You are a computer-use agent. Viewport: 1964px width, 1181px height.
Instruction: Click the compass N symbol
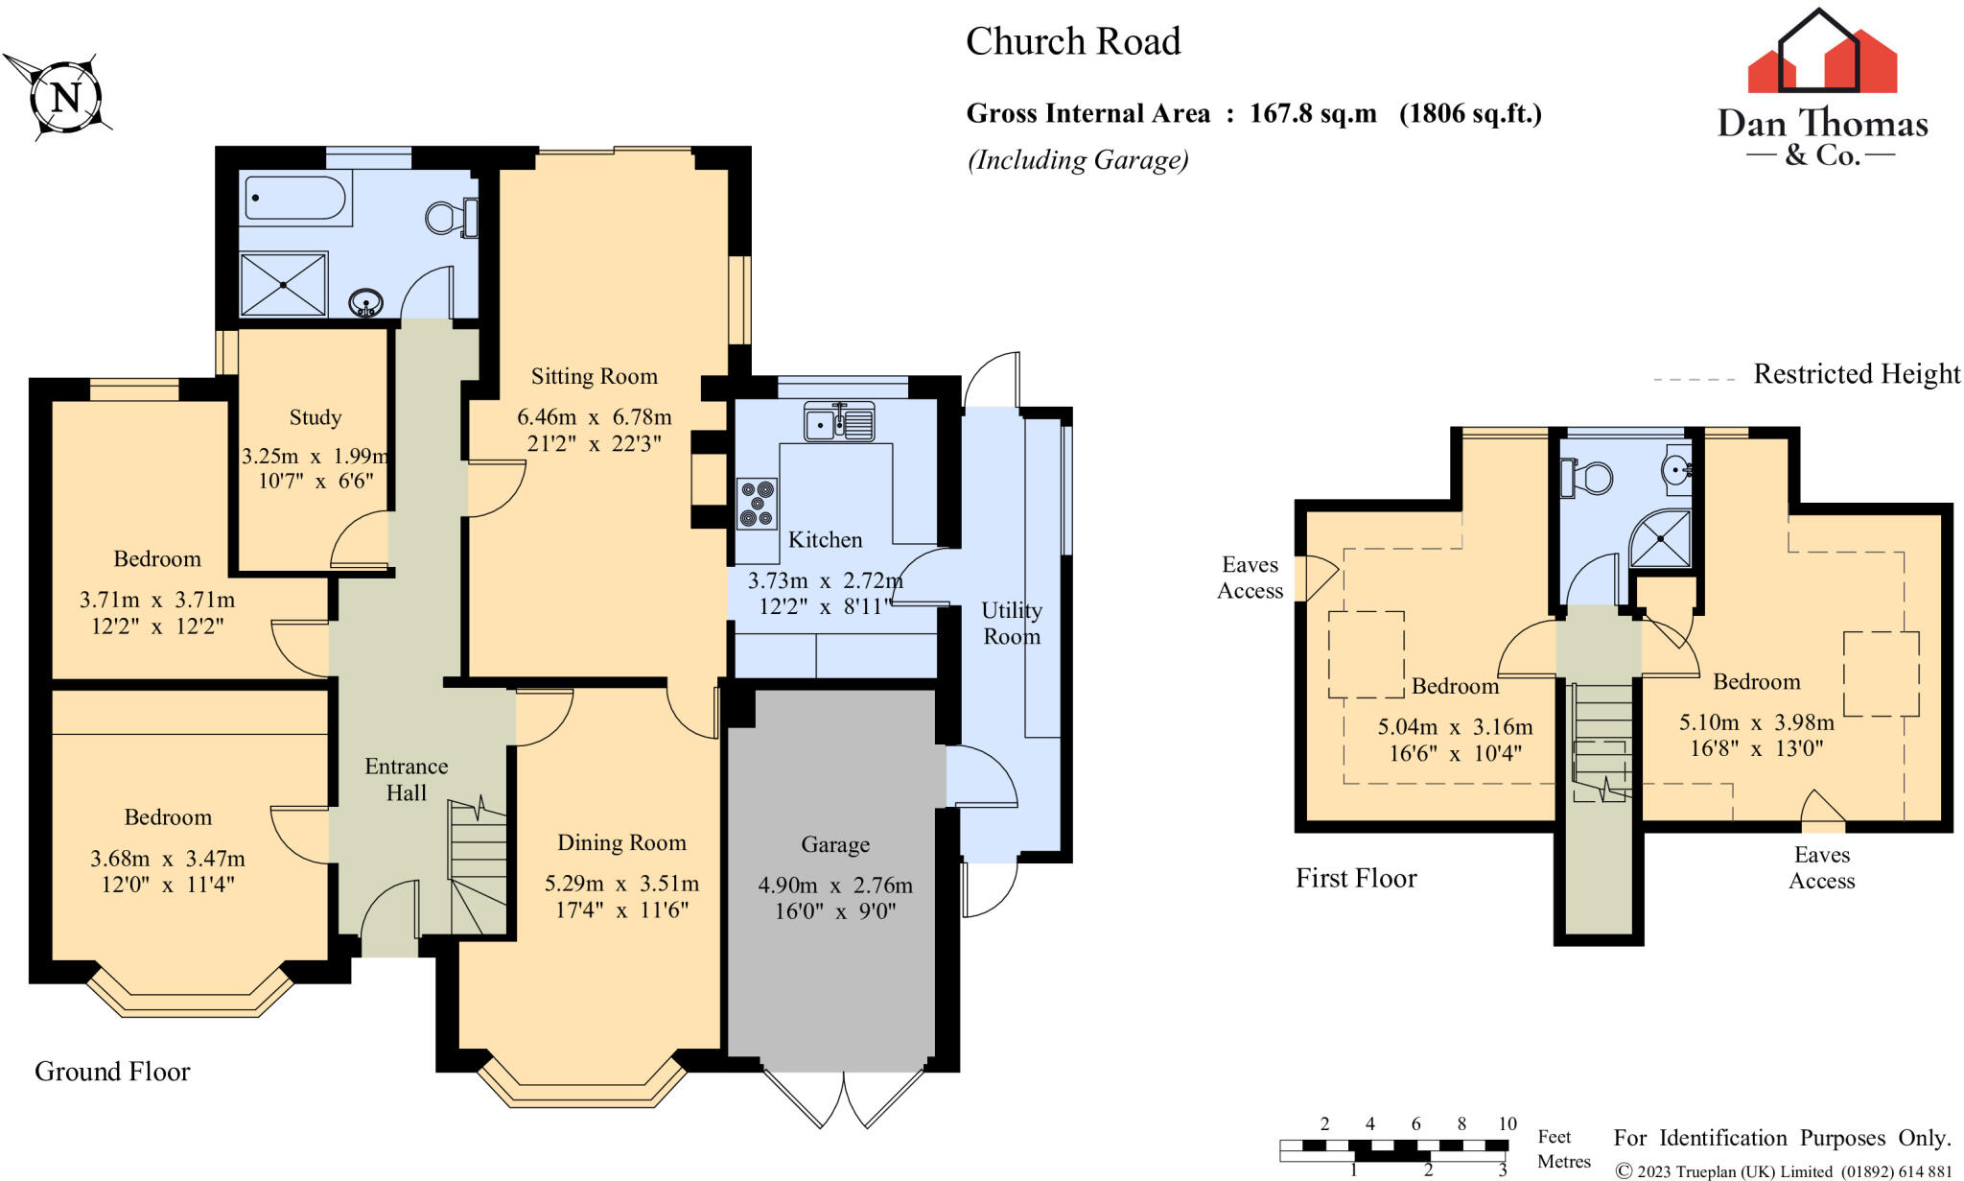65,97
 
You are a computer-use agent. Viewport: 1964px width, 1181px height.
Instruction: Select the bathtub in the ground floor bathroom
295,199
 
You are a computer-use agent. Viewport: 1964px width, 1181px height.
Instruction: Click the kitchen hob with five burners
757,504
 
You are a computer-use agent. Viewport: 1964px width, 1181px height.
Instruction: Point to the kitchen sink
839,422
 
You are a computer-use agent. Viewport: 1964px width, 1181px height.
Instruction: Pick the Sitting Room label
595,376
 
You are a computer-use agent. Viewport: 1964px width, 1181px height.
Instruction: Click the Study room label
315,417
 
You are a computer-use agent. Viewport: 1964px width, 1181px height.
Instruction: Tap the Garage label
835,844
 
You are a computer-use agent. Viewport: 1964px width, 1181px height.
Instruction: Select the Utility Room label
1012,623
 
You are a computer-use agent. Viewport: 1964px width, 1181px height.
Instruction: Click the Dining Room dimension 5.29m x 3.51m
621,883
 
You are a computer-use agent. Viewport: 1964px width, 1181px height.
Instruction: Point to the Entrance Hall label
407,779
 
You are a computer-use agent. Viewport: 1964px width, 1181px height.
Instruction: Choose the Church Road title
1073,41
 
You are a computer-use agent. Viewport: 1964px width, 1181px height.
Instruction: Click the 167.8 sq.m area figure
1313,113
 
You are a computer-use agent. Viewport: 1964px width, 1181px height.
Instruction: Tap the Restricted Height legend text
1857,373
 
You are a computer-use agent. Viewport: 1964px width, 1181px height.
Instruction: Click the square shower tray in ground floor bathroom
283,284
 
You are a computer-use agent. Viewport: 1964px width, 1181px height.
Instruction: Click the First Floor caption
1356,878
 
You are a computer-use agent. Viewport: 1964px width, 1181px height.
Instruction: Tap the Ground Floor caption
112,1071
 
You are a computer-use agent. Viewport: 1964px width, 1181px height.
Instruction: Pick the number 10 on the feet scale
1508,1123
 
